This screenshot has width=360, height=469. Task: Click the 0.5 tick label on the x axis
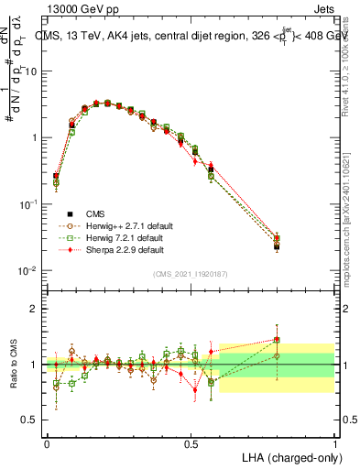pyautogui.click(x=191, y=442)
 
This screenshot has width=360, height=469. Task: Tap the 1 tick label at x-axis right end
pyautogui.click(x=334, y=442)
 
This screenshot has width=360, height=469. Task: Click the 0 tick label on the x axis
pyautogui.click(x=47, y=442)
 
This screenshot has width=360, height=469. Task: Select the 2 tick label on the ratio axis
pyautogui.click(x=33, y=309)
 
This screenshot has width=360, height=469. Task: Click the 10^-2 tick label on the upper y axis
pyautogui.click(x=27, y=271)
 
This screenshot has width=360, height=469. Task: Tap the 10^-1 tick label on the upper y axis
pyautogui.click(x=27, y=204)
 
